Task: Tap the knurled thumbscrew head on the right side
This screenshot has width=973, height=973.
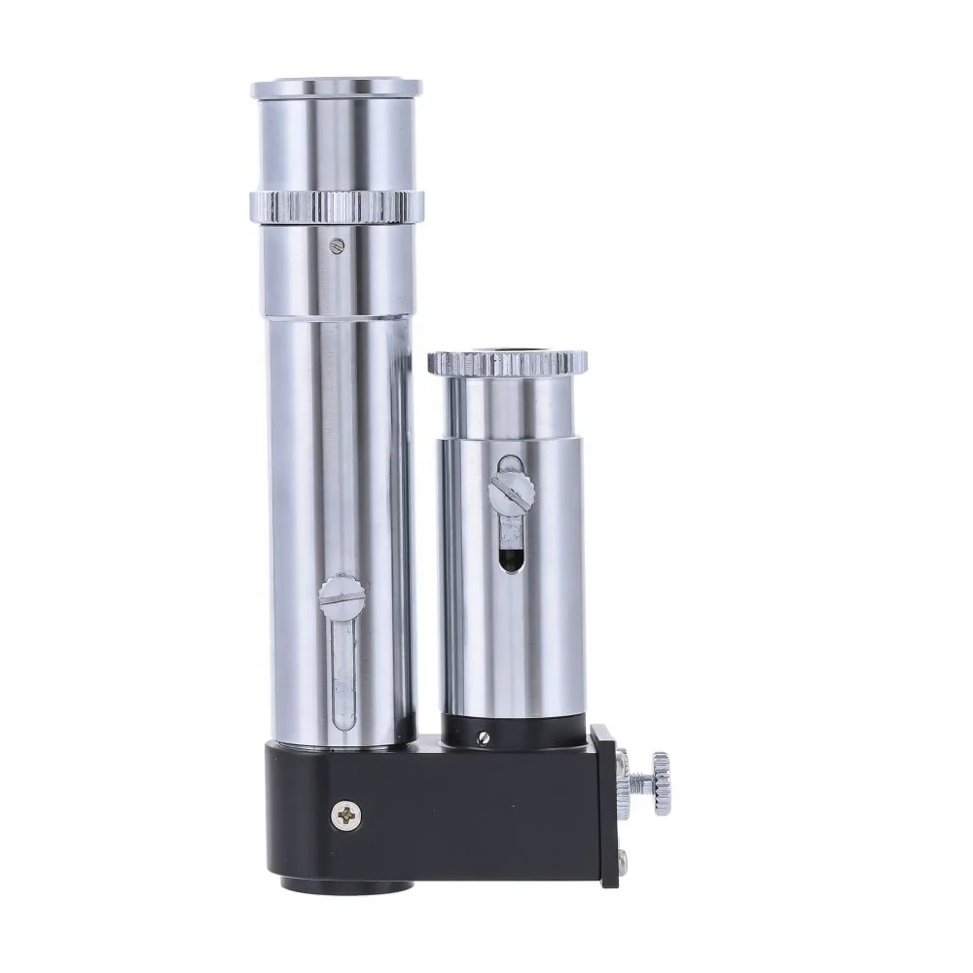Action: [x=661, y=781]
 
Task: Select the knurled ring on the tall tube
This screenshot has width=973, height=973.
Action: [x=337, y=205]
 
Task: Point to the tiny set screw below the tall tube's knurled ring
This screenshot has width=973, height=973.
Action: [x=337, y=245]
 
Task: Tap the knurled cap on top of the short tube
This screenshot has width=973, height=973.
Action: [x=507, y=363]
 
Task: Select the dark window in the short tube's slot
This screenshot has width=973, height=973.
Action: [x=508, y=557]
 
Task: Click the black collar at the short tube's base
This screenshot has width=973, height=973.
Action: [x=511, y=733]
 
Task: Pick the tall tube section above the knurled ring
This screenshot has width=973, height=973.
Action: [x=337, y=141]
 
